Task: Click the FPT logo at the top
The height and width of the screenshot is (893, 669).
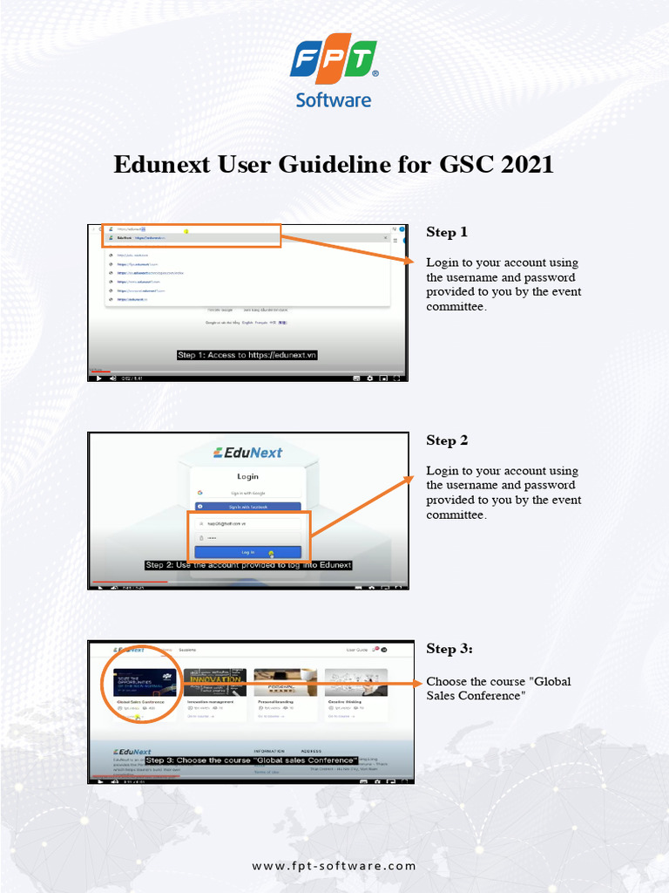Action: tap(334, 61)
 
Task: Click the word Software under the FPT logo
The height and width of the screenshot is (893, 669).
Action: tap(334, 99)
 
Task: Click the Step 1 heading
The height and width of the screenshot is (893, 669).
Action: tap(447, 232)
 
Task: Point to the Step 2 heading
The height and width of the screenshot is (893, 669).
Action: tap(447, 440)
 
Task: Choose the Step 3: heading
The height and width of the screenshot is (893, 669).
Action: tap(449, 649)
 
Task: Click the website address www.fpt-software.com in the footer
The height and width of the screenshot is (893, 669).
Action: tap(334, 866)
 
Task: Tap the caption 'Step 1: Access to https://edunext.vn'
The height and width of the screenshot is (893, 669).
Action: tap(247, 355)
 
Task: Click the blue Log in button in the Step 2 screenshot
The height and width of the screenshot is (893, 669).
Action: tap(248, 552)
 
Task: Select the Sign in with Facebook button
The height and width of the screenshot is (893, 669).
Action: tap(248, 507)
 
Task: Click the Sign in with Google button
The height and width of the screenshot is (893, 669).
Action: tap(248, 493)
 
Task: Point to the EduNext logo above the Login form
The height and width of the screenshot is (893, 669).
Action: tap(248, 453)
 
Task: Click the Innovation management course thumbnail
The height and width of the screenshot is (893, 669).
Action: tap(214, 682)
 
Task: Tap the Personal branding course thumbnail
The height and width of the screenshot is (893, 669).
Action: tap(286, 682)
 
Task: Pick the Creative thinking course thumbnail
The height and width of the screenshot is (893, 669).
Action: tap(356, 682)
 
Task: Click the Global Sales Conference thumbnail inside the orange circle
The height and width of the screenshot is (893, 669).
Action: tap(145, 682)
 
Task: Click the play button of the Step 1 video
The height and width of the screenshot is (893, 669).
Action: tap(98, 378)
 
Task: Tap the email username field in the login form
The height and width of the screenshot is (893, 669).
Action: tap(248, 523)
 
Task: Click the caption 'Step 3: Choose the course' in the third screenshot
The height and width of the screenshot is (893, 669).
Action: tap(252, 760)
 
